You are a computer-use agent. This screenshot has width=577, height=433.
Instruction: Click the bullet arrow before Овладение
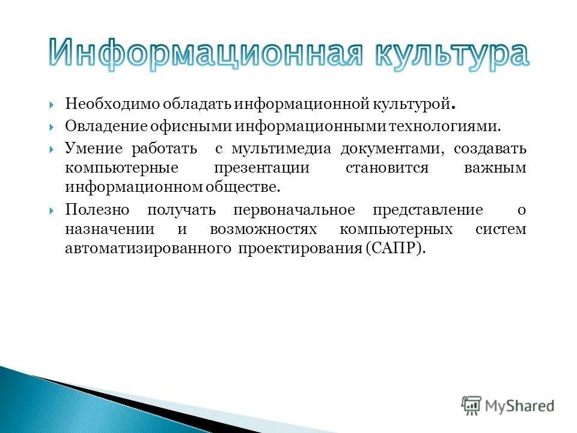(53, 127)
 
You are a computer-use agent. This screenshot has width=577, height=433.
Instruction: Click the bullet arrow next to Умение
(53, 148)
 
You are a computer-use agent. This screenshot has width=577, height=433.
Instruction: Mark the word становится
(386, 168)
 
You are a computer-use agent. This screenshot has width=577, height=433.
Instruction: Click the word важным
(495, 168)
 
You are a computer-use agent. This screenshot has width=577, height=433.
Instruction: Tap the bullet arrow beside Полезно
(53, 210)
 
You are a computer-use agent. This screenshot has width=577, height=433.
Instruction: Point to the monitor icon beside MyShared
(472, 406)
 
